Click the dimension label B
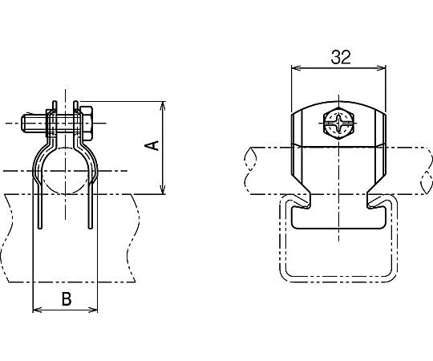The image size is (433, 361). click(67, 299)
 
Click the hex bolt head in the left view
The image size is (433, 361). click(87, 124)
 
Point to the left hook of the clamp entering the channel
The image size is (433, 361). click(307, 198)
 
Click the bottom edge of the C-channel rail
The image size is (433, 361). click(338, 282)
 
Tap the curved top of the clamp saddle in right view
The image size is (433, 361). click(338, 105)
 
